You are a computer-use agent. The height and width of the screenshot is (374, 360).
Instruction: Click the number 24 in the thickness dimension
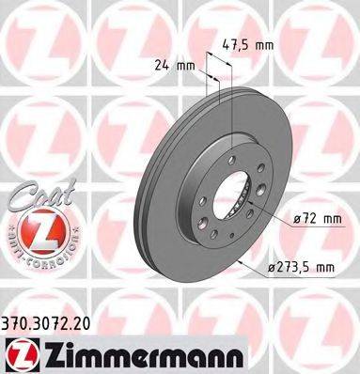(162, 66)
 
